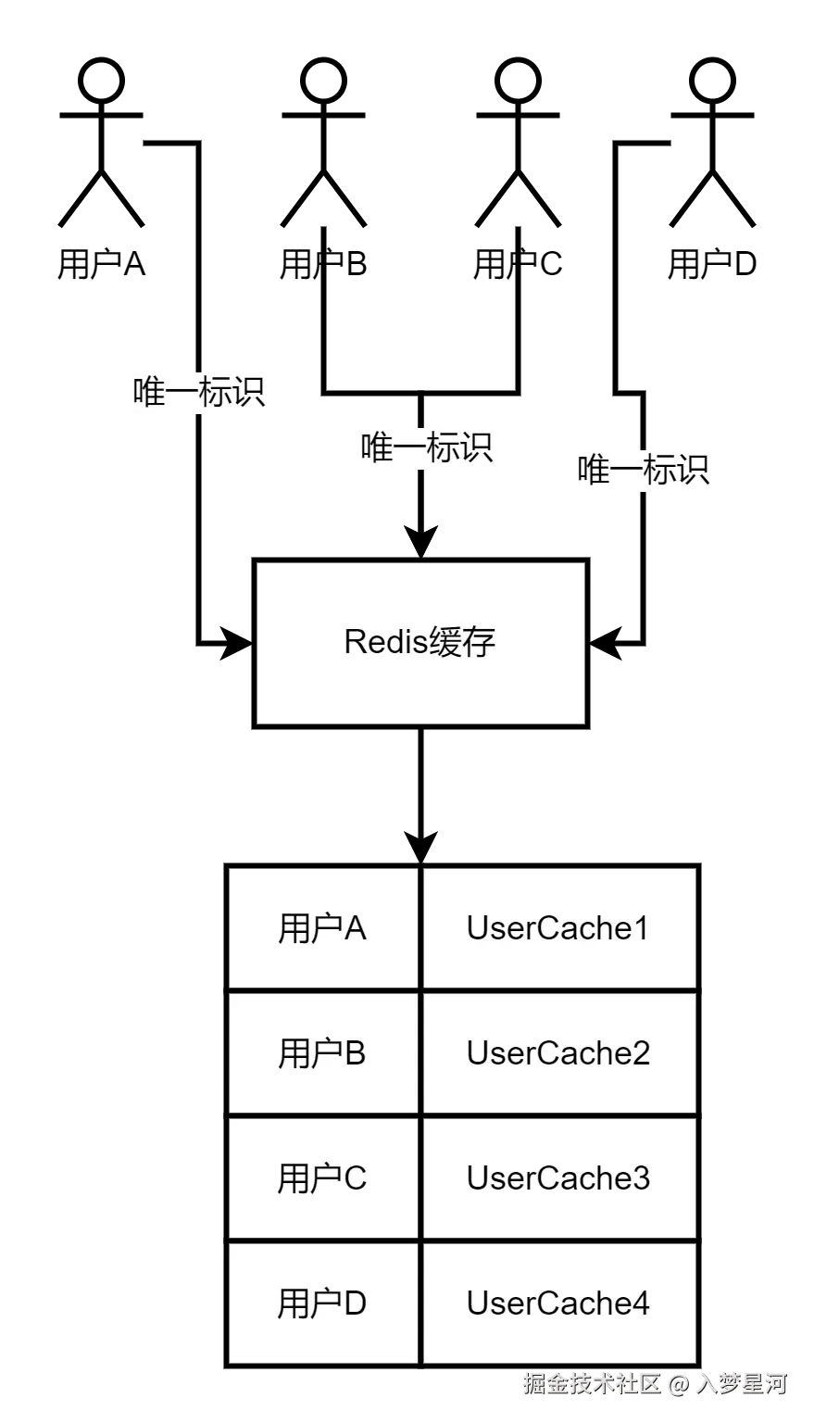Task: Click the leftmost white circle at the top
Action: tap(101, 81)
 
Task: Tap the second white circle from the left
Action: tap(323, 81)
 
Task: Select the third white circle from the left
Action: tap(518, 81)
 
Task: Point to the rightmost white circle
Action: tap(712, 81)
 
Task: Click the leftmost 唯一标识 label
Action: tap(199, 392)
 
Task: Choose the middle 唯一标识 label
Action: tap(426, 448)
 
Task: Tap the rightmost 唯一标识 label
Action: tap(644, 471)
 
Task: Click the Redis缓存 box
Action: tap(420, 642)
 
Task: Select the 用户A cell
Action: tap(322, 928)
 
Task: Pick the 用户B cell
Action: tap(322, 1053)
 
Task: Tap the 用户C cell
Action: tap(322, 1178)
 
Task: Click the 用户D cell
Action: tap(322, 1303)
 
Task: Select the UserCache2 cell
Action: tap(558, 1053)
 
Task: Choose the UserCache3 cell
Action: tap(558, 1178)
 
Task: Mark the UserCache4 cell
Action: tap(558, 1303)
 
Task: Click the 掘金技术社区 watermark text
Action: tap(590, 1383)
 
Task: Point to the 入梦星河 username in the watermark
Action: tap(741, 1383)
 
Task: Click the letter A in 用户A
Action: tap(356, 928)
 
